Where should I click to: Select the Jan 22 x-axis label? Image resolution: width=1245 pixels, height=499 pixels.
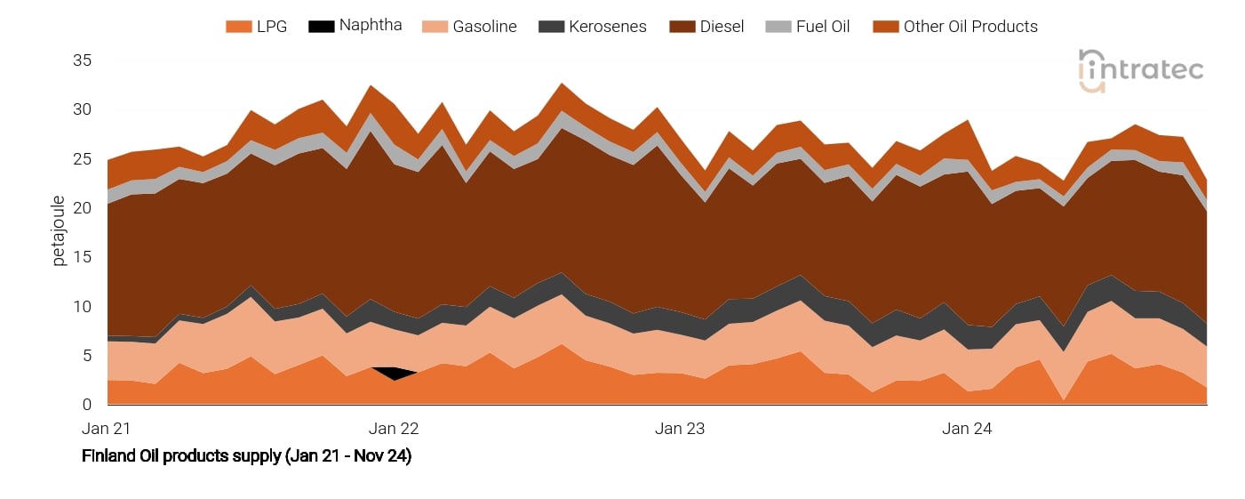click(x=393, y=429)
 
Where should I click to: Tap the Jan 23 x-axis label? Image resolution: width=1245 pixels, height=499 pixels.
click(x=680, y=429)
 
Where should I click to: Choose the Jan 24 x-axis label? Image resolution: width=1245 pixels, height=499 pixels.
click(x=967, y=429)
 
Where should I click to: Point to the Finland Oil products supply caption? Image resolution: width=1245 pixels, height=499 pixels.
click(x=246, y=456)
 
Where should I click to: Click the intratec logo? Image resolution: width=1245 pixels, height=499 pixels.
click(x=1140, y=70)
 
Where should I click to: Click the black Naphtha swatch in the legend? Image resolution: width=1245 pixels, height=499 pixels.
click(x=321, y=27)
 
